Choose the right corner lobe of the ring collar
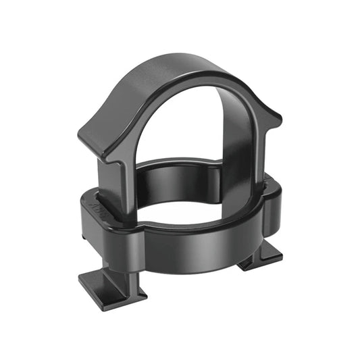[270, 196]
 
